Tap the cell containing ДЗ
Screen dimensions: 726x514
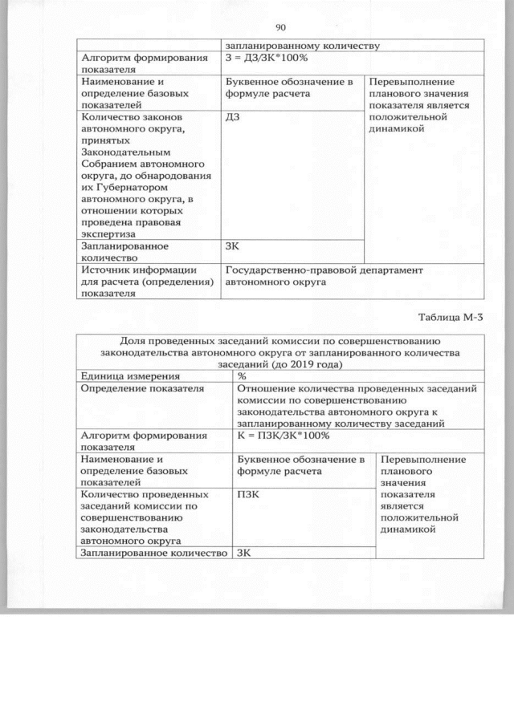(x=234, y=116)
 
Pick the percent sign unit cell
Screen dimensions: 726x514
(x=242, y=375)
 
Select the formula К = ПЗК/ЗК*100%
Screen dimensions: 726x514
(x=284, y=435)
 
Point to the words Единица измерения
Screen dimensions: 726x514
(x=128, y=375)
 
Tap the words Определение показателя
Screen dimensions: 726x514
(x=141, y=387)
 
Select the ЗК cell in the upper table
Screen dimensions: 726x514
(x=234, y=247)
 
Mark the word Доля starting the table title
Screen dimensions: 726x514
(x=133, y=339)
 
